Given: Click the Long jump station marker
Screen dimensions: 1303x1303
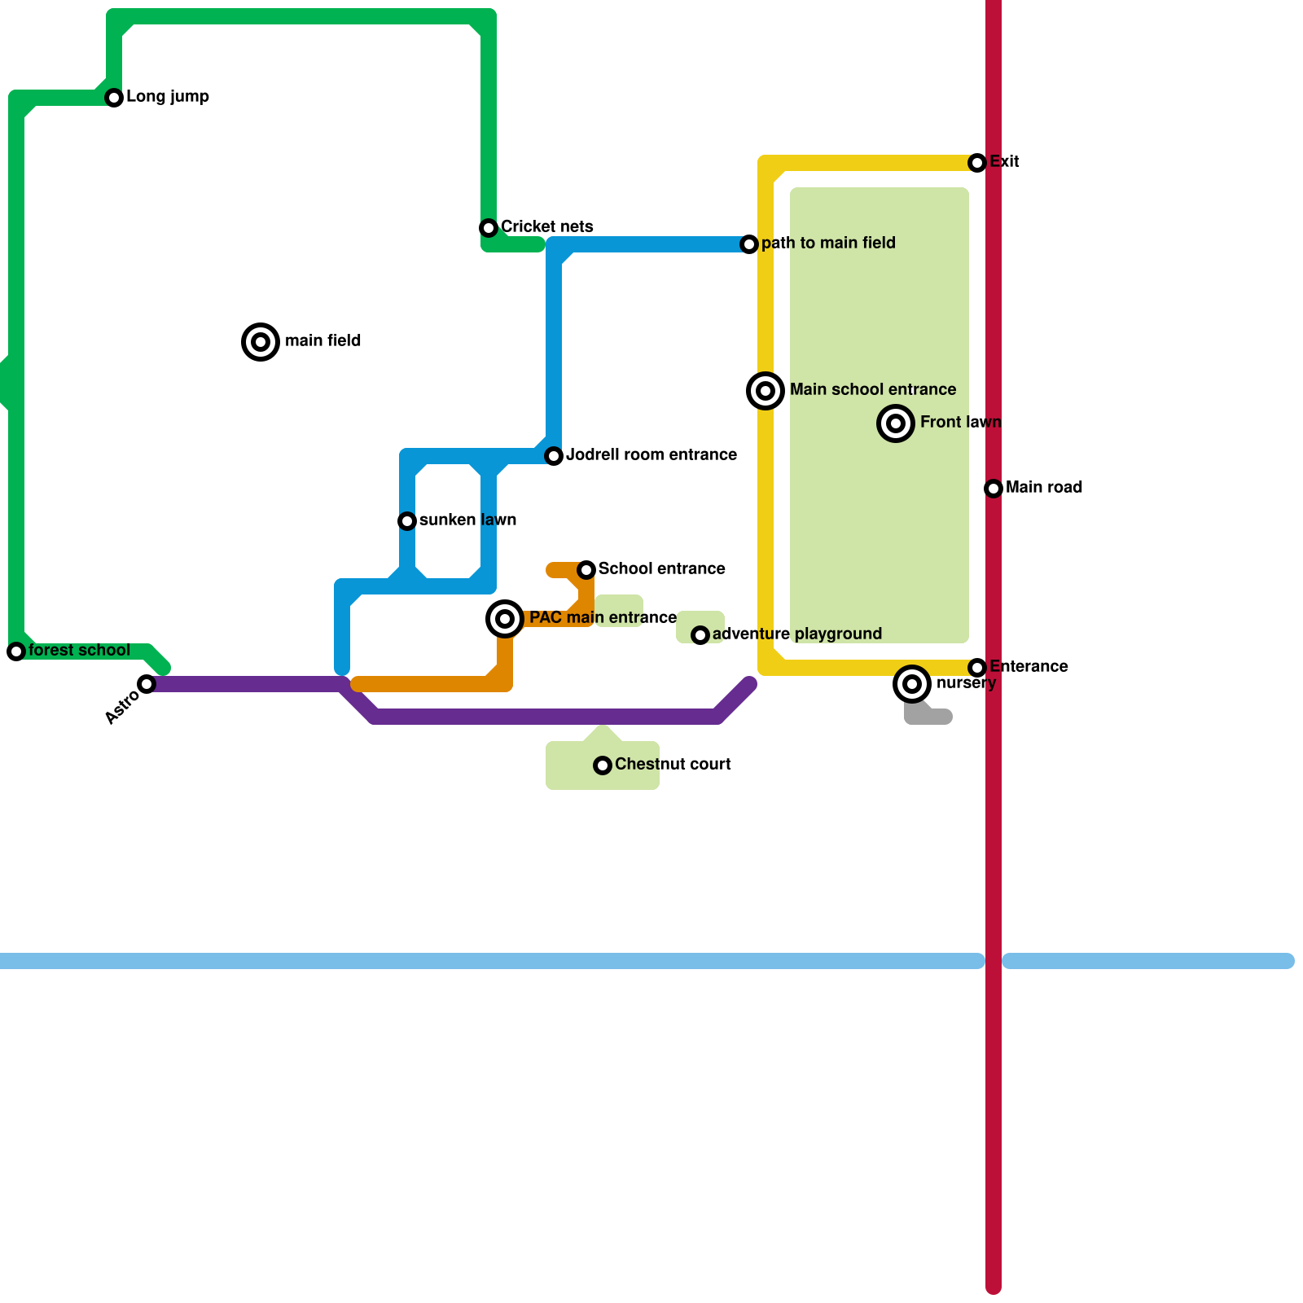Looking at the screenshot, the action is (x=114, y=98).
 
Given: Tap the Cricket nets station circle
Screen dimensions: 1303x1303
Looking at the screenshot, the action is (x=489, y=228).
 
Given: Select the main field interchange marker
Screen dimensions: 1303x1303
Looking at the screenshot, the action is (x=261, y=342).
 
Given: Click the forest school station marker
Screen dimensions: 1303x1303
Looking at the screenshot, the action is (x=16, y=651).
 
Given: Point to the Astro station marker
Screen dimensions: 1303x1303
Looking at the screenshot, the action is (x=147, y=684).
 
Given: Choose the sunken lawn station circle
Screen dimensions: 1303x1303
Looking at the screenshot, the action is (x=407, y=521).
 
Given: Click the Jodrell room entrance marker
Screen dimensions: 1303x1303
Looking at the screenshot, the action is (x=554, y=456).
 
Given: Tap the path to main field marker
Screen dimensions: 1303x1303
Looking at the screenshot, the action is (x=749, y=244).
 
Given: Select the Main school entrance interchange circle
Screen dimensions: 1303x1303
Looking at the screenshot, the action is (x=766, y=391).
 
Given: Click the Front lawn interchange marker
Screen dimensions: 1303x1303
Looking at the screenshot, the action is (x=896, y=423).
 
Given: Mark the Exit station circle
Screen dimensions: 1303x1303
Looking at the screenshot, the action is (x=977, y=163).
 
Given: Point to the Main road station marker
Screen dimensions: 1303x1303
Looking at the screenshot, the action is (x=994, y=489).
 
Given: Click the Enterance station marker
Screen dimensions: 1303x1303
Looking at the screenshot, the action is (x=977, y=668).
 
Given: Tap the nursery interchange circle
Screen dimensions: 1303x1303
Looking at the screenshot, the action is (x=912, y=684).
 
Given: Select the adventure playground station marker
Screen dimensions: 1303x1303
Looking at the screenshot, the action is (x=700, y=635).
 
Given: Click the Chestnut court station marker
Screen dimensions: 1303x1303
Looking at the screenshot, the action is (x=603, y=766).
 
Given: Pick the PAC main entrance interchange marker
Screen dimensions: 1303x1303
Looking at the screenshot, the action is (x=505, y=619).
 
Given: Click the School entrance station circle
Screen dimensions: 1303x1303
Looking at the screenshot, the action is (x=586, y=570).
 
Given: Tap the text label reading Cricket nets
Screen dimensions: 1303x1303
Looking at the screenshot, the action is (x=546, y=227).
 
